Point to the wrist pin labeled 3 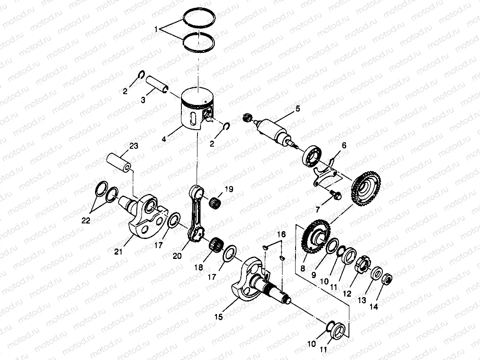coord(157,85)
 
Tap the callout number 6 coord(344,147)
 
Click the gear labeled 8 coord(316,239)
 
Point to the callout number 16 coord(281,234)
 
